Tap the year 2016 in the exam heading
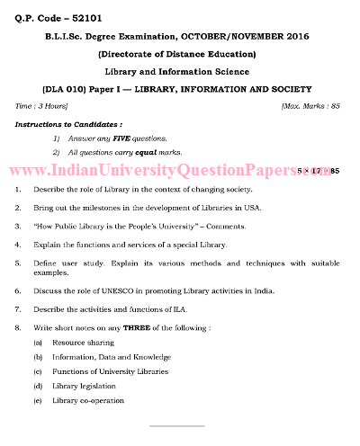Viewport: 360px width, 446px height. coord(285,39)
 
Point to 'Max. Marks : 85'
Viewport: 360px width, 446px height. coord(310,106)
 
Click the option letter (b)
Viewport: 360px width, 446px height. coord(38,357)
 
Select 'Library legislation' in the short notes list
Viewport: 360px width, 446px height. coord(86,386)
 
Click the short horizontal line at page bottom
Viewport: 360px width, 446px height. coord(180,424)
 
